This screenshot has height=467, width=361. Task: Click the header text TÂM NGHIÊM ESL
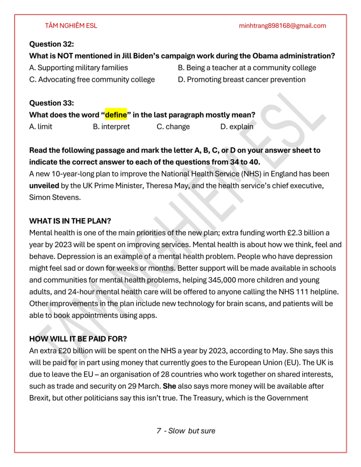pyautogui.click(x=71, y=26)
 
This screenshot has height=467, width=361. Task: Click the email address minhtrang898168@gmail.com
pyautogui.click(x=283, y=26)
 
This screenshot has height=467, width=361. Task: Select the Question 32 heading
pyautogui.click(x=52, y=44)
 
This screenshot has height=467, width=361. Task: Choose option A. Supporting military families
pyautogui.click(x=78, y=67)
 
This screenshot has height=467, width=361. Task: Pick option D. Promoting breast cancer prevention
pyautogui.click(x=241, y=79)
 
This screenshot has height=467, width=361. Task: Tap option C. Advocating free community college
pyautogui.click(x=92, y=79)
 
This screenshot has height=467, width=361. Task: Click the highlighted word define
pyautogui.click(x=116, y=114)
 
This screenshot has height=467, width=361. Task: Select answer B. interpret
pyautogui.click(x=111, y=126)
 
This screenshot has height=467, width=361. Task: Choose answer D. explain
pyautogui.click(x=236, y=126)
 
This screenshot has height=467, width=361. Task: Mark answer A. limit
pyautogui.click(x=41, y=126)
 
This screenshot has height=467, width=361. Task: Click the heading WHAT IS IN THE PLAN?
pyautogui.click(x=70, y=221)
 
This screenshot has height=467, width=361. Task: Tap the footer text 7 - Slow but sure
pyautogui.click(x=186, y=431)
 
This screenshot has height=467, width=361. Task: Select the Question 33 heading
pyautogui.click(x=52, y=103)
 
